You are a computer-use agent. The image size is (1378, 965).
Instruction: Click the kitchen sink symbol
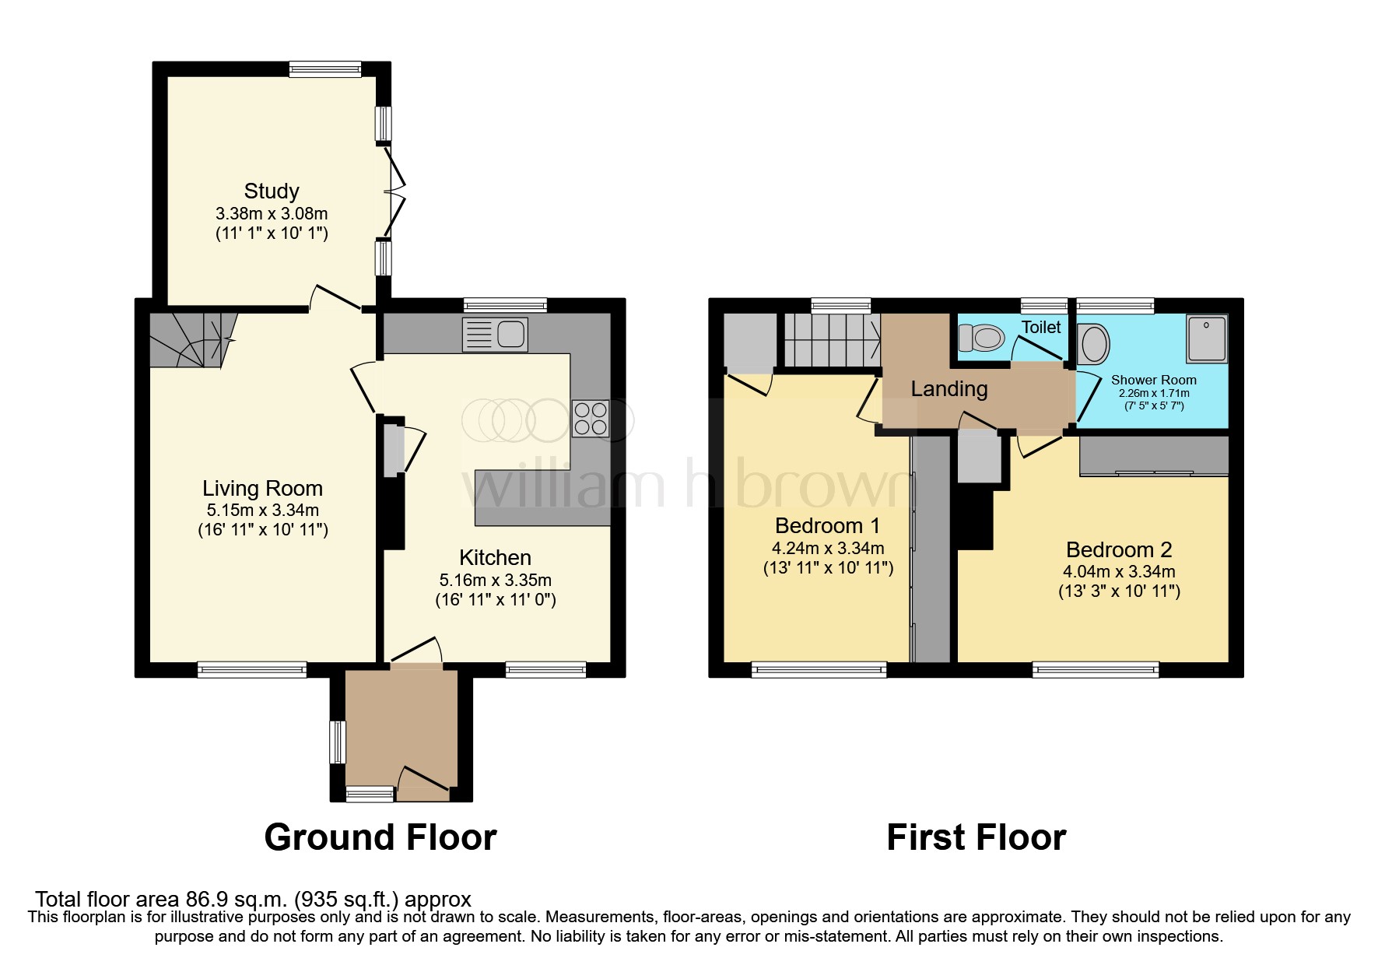click(495, 334)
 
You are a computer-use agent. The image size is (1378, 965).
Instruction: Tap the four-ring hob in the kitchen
click(591, 418)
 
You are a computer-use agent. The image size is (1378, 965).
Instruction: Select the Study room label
click(272, 191)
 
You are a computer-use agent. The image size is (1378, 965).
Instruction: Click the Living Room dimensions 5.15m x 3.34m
click(262, 511)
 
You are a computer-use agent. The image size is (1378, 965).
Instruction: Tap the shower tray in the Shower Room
click(1206, 339)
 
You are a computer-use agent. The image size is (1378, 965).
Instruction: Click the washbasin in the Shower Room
click(1095, 344)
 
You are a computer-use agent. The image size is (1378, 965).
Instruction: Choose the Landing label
click(949, 388)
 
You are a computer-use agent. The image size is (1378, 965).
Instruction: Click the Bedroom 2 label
click(1118, 549)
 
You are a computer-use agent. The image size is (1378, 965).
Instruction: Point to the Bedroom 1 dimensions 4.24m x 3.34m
click(828, 548)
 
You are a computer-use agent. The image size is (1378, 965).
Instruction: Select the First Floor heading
click(976, 837)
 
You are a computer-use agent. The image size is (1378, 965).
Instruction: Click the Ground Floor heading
click(380, 837)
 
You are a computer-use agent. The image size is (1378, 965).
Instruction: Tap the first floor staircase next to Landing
click(831, 339)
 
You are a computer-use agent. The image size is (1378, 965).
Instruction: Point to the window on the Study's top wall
click(325, 69)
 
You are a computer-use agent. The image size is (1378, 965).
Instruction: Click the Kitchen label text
click(495, 557)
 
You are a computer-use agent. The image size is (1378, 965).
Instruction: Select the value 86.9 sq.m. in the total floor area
click(237, 899)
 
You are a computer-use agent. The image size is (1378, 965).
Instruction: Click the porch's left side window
click(338, 742)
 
